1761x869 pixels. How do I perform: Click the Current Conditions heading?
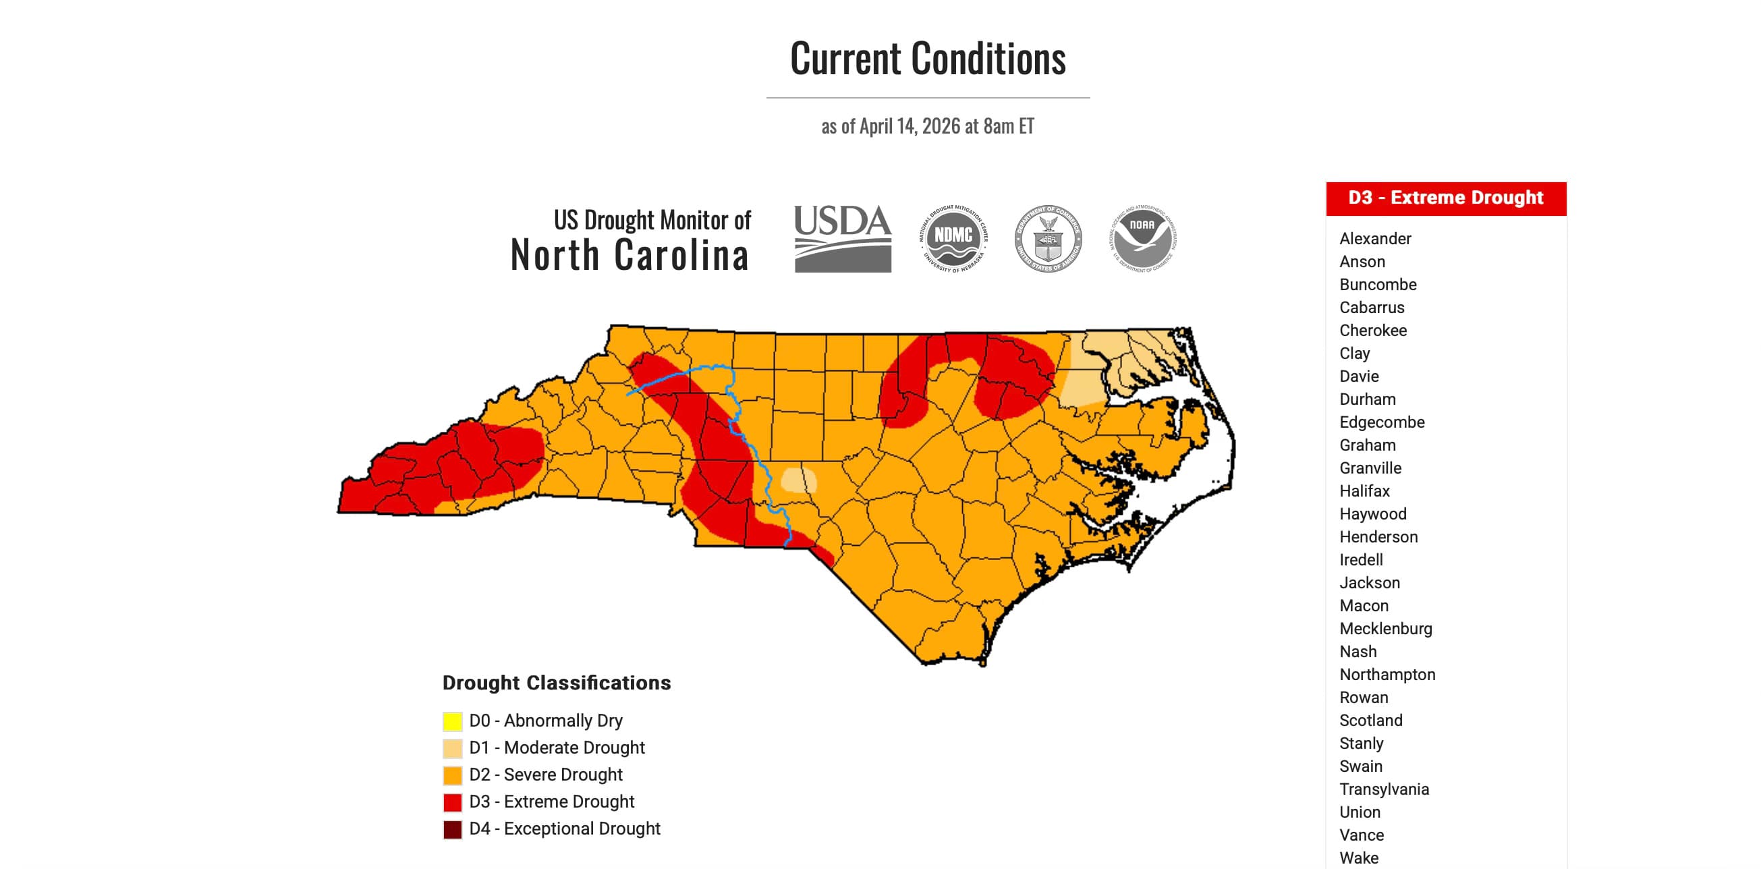point(928,59)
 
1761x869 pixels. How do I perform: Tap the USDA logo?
point(842,239)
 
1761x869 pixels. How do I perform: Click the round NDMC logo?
point(953,239)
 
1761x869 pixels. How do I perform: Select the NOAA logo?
point(1142,239)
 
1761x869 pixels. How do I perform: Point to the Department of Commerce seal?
point(1047,239)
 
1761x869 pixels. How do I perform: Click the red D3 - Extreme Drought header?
point(1445,198)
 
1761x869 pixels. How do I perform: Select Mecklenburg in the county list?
point(1385,628)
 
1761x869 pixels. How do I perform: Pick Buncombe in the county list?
point(1378,285)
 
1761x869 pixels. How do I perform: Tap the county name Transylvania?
point(1384,789)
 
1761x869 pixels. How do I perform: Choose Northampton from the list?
point(1387,674)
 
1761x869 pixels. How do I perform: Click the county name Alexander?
point(1375,239)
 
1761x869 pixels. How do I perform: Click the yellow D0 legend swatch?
point(452,721)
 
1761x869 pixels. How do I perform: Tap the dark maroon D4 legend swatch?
point(452,829)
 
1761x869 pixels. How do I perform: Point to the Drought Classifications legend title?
point(557,682)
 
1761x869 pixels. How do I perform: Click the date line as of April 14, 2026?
point(928,126)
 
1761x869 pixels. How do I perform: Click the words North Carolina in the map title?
point(629,255)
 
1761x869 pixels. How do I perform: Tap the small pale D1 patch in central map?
point(797,480)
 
